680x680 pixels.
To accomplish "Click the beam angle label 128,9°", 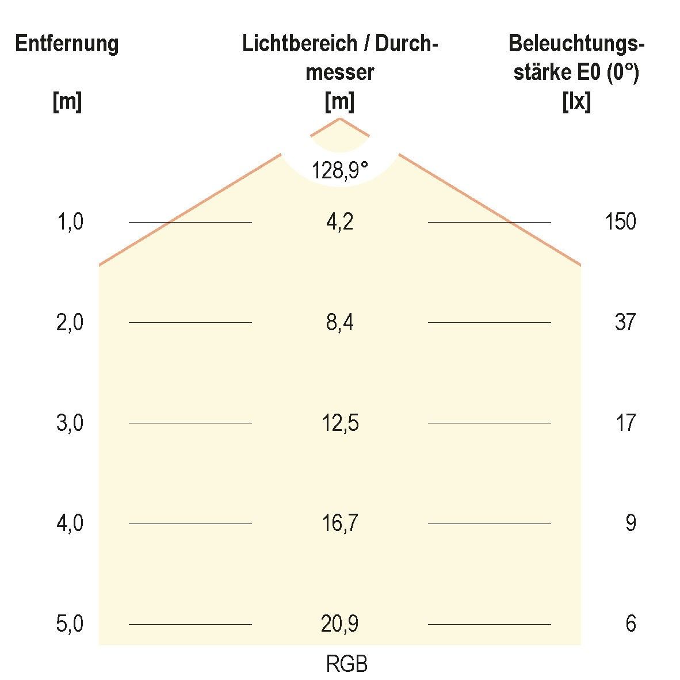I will point(339,170).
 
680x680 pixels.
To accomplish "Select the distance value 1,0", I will point(70,221).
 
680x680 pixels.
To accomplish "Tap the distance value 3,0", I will point(70,423).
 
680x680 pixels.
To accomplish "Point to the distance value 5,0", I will point(70,624).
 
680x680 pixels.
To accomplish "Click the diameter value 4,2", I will point(339,221).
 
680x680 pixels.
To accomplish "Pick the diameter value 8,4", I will point(339,322).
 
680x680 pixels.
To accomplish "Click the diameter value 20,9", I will point(339,624).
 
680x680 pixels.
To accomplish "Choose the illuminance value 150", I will point(620,221).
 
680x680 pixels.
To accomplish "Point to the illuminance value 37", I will point(625,322).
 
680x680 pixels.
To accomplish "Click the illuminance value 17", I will point(625,423).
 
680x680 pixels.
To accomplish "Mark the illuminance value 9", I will point(631,524).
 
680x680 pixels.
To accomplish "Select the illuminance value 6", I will point(631,624).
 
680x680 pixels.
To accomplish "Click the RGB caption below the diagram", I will point(346,664).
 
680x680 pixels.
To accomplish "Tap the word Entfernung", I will point(67,44).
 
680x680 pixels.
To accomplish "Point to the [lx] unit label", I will point(576,102).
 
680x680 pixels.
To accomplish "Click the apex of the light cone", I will point(339,119).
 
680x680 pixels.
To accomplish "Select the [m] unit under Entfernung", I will point(67,102).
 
